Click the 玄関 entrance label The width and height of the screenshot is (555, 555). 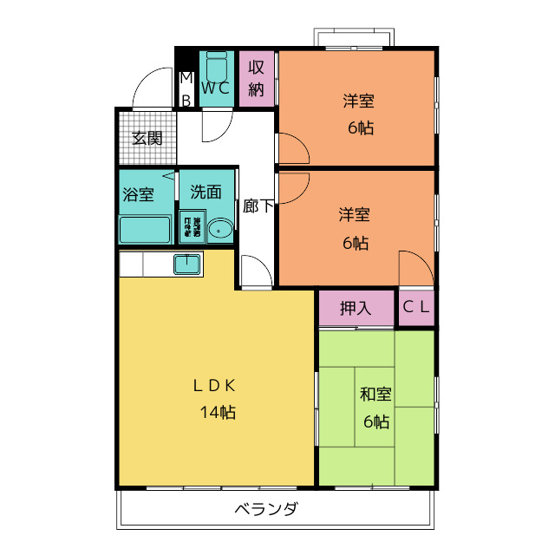pos(147,138)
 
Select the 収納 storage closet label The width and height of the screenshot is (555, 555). pos(256,78)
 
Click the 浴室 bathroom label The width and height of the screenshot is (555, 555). pos(138,194)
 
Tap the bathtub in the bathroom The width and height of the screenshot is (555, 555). pos(145,231)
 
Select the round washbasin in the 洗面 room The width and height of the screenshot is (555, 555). pos(220,230)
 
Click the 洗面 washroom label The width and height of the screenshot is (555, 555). pos(206,193)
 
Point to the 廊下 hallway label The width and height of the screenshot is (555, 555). pos(258,206)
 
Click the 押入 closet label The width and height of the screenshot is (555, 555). pos(356,307)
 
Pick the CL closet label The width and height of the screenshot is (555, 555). pos(416,307)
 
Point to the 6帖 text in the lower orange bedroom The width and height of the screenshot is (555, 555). pos(355,243)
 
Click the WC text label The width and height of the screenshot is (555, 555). pos(216,88)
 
